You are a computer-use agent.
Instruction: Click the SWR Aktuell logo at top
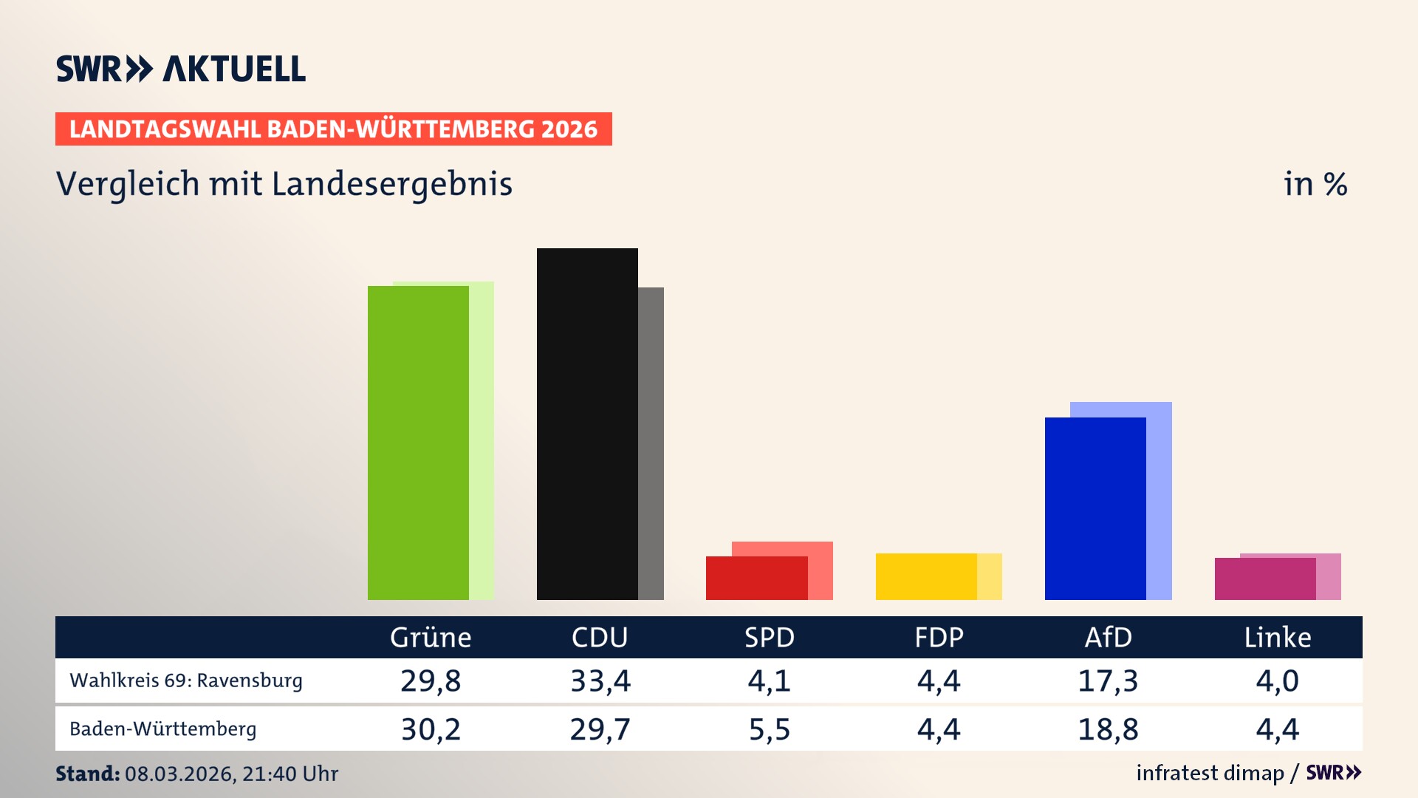pyautogui.click(x=180, y=69)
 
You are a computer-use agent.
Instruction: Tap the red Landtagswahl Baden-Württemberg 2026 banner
pyautogui.click(x=333, y=129)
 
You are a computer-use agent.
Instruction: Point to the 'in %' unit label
pyautogui.click(x=1315, y=185)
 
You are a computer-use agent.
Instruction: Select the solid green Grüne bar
pyautogui.click(x=418, y=443)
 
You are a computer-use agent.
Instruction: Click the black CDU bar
pyautogui.click(x=587, y=425)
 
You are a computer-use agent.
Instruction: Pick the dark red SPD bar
pyautogui.click(x=756, y=579)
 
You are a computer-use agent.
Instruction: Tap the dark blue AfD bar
pyautogui.click(x=1095, y=510)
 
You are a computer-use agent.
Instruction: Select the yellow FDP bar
pyautogui.click(x=926, y=577)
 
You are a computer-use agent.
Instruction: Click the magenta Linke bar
pyautogui.click(x=1264, y=579)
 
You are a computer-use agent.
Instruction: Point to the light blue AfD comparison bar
pyautogui.click(x=1160, y=502)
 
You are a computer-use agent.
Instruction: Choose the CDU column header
pyautogui.click(x=600, y=638)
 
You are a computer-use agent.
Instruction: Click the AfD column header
pyautogui.click(x=1108, y=638)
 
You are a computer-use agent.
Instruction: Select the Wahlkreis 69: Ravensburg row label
pyautogui.click(x=186, y=681)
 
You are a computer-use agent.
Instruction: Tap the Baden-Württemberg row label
pyautogui.click(x=163, y=729)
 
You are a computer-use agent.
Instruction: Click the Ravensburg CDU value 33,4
pyautogui.click(x=600, y=681)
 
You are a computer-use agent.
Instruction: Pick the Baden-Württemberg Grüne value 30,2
pyautogui.click(x=431, y=729)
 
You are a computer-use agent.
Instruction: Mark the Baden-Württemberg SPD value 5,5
pyautogui.click(x=770, y=729)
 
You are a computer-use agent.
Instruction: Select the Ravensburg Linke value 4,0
pyautogui.click(x=1277, y=681)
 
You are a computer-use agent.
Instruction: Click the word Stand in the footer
pyautogui.click(x=87, y=774)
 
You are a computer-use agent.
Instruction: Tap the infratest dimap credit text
pyautogui.click(x=1210, y=773)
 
